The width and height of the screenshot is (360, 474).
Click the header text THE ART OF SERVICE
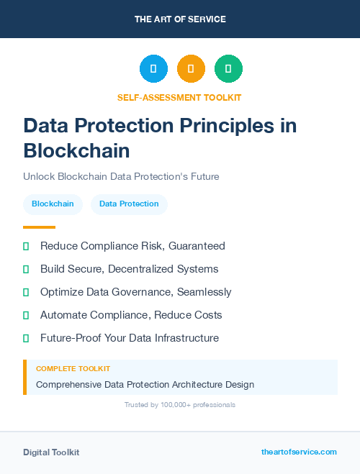tap(180, 19)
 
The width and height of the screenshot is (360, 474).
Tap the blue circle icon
tap(153, 69)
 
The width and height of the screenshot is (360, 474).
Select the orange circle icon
tap(191, 69)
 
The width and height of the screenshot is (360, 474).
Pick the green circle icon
tap(228, 69)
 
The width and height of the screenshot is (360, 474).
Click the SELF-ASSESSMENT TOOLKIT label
tap(179, 97)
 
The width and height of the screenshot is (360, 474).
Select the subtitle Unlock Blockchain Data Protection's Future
tap(121, 176)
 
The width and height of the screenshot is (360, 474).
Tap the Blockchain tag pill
tap(53, 204)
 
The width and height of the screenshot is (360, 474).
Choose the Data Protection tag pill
tap(129, 204)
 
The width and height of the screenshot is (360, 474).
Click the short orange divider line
tap(39, 227)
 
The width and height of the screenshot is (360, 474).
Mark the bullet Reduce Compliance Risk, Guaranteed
tap(132, 246)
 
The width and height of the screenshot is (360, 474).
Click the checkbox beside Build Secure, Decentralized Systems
tap(26, 269)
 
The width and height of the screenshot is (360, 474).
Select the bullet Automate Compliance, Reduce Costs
tap(131, 315)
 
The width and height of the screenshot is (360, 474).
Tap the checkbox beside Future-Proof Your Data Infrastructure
tap(26, 338)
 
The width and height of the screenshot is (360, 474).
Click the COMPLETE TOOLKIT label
tap(73, 368)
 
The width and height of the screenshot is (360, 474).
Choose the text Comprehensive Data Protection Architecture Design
tap(145, 384)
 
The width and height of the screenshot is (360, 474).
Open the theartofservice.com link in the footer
tap(299, 452)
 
